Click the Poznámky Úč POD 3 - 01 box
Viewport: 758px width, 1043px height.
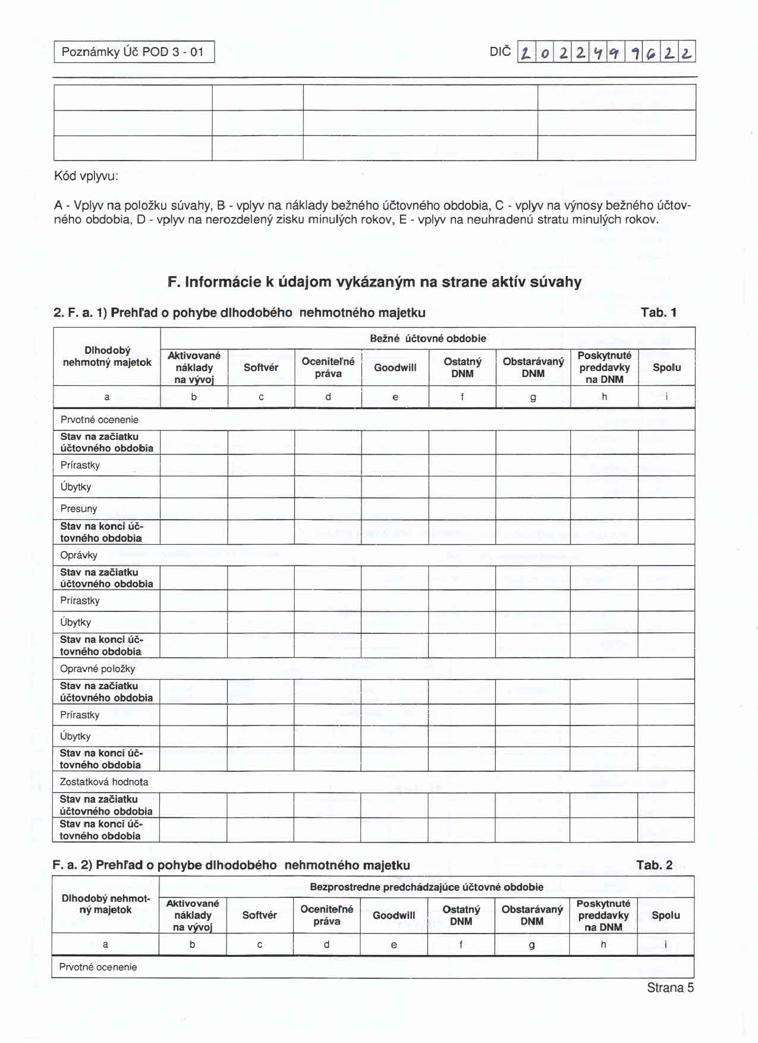coord(133,52)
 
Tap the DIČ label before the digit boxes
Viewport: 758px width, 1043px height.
coord(499,52)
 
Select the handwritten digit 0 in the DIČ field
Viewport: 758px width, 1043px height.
coord(544,54)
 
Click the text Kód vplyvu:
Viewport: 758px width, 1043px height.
coord(86,176)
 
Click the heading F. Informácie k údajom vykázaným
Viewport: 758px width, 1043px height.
coord(375,282)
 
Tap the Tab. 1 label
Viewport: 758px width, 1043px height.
coord(659,313)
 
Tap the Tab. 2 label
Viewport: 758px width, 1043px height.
coord(654,865)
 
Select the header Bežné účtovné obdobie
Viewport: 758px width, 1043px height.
coord(427,338)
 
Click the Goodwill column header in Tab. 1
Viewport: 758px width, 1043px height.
coord(395,367)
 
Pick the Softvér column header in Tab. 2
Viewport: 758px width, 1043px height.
coord(259,915)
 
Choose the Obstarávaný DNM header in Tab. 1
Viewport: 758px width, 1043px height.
coord(533,367)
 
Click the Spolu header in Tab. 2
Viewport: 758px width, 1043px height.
coord(665,915)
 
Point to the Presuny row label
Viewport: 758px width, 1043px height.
coord(78,508)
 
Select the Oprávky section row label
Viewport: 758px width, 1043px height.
coord(78,555)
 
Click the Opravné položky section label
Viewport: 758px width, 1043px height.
coord(97,668)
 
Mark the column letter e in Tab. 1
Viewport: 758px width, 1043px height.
coord(395,397)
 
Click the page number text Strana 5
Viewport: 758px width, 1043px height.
coord(670,988)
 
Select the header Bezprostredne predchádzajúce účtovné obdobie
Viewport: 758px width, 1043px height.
coord(426,887)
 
